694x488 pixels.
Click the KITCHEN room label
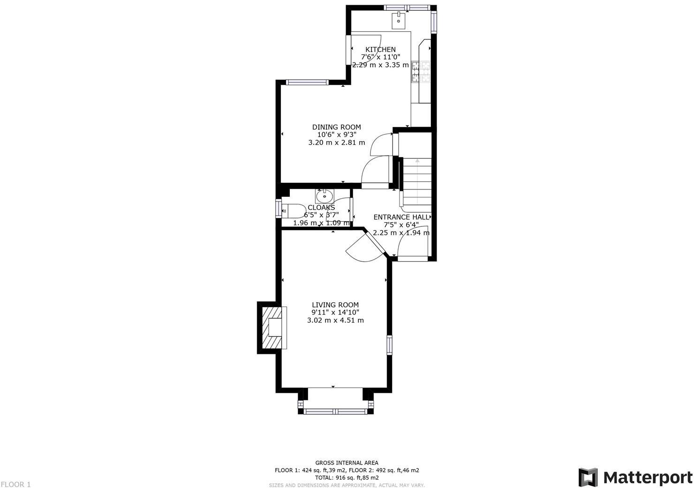pyautogui.click(x=380, y=50)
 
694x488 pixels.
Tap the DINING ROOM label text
pyautogui.click(x=337, y=127)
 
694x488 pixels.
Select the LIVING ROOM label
pyautogui.click(x=335, y=305)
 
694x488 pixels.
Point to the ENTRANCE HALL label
pyautogui.click(x=401, y=217)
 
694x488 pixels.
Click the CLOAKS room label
pyautogui.click(x=321, y=208)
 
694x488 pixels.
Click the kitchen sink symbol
pyautogui.click(x=398, y=18)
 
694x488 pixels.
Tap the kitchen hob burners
pyautogui.click(x=421, y=72)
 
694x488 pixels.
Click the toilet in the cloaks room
pyautogui.click(x=291, y=210)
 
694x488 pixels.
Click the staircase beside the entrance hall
pyautogui.click(x=417, y=181)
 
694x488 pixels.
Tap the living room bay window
pyautogui.click(x=335, y=412)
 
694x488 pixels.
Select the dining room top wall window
pyautogui.click(x=308, y=83)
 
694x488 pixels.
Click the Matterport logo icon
pyautogui.click(x=588, y=477)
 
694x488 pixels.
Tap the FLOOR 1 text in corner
pyautogui.click(x=16, y=484)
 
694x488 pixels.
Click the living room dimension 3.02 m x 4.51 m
pyautogui.click(x=335, y=321)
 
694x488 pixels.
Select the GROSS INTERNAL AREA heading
pyautogui.click(x=347, y=463)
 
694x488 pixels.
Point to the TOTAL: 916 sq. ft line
pyautogui.click(x=347, y=478)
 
